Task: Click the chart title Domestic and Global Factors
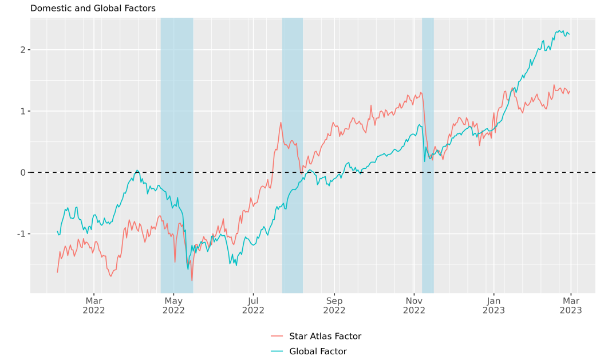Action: coord(93,9)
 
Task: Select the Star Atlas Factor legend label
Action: coord(325,337)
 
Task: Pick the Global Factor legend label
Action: coord(318,351)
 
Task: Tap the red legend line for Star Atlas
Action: coord(277,337)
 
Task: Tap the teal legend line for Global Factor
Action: coord(277,351)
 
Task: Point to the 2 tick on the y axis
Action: coord(22,50)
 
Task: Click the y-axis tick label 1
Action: coord(22,111)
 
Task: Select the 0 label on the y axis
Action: coord(22,172)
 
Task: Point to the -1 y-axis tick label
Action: coord(21,234)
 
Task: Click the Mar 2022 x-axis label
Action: coord(94,305)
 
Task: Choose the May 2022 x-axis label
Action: coord(173,305)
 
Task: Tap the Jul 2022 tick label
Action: coord(253,305)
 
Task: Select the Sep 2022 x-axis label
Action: coord(334,305)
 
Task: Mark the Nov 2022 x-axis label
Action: coord(414,305)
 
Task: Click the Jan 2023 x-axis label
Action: coord(495,305)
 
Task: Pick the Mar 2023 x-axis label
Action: coord(571,305)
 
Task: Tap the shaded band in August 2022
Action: coord(292,86)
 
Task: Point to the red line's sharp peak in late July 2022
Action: coord(281,122)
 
